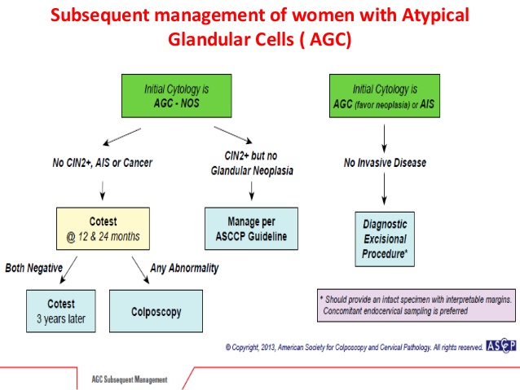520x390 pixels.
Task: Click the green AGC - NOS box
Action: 176,96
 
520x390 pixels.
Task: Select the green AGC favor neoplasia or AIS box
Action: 385,96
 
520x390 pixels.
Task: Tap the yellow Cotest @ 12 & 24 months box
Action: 103,229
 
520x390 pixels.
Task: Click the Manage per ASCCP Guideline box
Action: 251,229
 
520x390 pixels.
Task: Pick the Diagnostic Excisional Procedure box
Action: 385,239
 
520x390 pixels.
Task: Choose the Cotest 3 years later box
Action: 61,311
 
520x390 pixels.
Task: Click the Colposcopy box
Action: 156,311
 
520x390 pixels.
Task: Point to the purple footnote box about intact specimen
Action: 416,305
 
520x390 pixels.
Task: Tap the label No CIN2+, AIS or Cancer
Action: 103,163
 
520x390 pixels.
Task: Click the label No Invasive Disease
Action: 385,163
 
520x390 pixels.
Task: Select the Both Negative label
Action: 34,268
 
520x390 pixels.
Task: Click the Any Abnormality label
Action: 184,268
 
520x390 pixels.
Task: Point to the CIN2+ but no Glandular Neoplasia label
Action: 252,163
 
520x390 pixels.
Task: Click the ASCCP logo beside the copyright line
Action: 501,345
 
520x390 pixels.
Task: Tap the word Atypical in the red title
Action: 435,15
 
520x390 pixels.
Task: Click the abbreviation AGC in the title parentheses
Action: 326,39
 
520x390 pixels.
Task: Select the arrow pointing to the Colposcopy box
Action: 141,270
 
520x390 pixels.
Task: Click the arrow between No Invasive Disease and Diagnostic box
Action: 385,189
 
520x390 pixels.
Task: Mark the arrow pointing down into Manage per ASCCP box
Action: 252,191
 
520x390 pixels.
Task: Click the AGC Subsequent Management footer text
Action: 130,379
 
